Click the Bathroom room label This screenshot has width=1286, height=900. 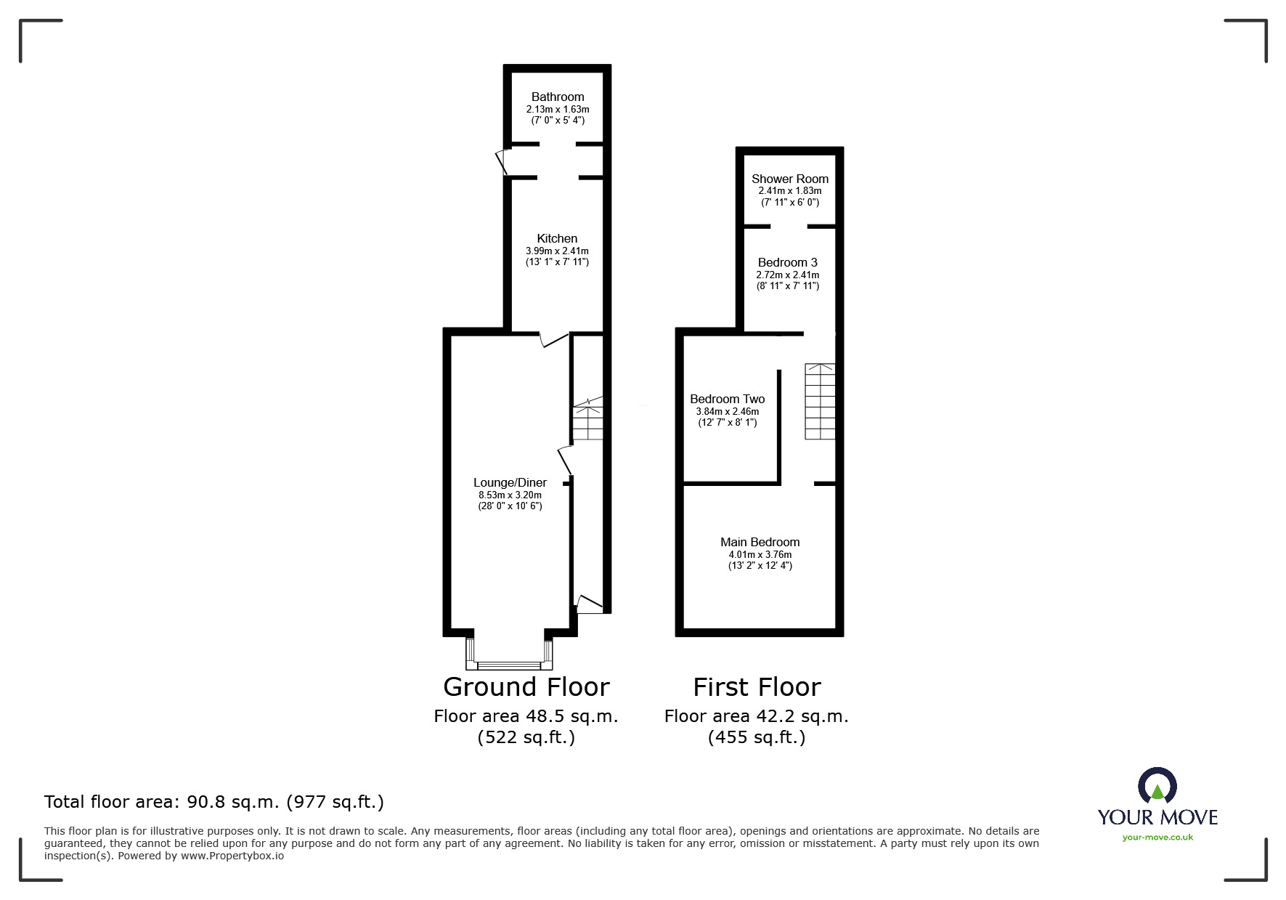(x=557, y=97)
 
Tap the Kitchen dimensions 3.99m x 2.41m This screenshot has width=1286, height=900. (x=557, y=251)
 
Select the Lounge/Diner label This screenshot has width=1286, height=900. (x=510, y=482)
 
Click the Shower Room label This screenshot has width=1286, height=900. (x=789, y=179)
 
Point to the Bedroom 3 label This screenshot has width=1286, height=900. (x=787, y=262)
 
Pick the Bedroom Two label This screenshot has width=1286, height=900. (x=727, y=399)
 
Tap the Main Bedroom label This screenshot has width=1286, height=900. (x=760, y=542)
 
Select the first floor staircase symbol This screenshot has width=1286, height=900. (x=819, y=401)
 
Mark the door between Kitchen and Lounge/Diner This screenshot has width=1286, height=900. (x=553, y=338)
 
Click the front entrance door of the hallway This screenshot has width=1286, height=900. (x=589, y=604)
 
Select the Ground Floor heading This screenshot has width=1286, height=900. (x=526, y=686)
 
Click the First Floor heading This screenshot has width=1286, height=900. (x=757, y=686)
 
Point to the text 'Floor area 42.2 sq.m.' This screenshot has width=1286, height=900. (x=756, y=716)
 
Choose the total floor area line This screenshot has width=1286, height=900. (x=214, y=802)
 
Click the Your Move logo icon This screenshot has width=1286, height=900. (x=1157, y=787)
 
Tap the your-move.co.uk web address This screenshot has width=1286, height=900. (x=1157, y=838)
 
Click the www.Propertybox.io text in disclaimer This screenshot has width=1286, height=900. (x=232, y=856)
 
